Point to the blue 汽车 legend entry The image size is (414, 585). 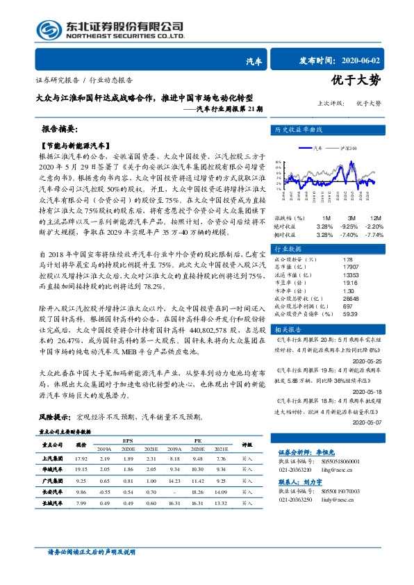(314, 147)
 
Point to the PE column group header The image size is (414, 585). (197, 440)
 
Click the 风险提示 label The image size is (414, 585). (55, 418)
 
